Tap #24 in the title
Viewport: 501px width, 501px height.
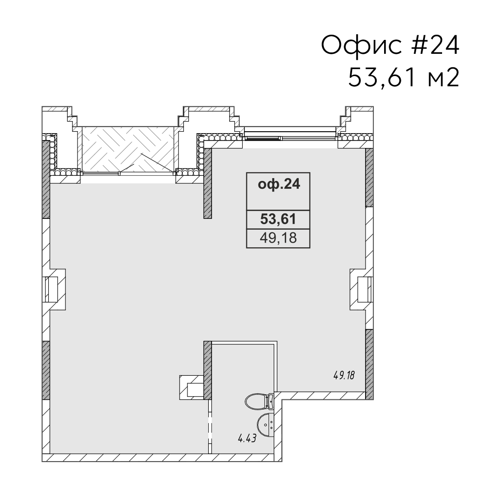point(435,45)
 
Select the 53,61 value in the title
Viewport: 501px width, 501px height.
point(382,77)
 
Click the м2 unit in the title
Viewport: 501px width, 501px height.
point(443,78)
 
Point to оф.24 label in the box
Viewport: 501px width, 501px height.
point(279,184)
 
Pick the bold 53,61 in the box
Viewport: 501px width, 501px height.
point(278,219)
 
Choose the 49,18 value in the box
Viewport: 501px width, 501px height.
point(278,238)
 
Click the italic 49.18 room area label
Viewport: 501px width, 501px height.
point(344,375)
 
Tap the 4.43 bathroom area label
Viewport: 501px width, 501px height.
point(247,438)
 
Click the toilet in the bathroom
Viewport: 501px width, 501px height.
point(259,401)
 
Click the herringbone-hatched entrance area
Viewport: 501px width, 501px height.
point(128,148)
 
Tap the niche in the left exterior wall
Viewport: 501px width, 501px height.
point(54,289)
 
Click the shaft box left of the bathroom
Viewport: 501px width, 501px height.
point(192,387)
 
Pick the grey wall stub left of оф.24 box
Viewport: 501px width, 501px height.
point(208,183)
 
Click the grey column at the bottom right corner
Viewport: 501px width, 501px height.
point(369,364)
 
